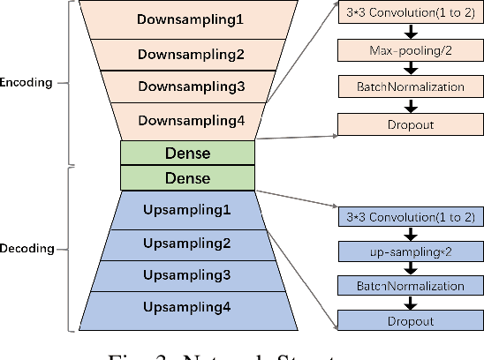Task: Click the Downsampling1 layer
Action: click(188, 19)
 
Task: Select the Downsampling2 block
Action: click(188, 54)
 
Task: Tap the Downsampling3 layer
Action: click(188, 87)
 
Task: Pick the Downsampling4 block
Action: click(188, 121)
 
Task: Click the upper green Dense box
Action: click(188, 153)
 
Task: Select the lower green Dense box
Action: click(188, 178)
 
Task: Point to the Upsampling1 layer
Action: click(188, 210)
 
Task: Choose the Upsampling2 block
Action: click(188, 243)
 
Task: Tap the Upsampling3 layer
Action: click(188, 275)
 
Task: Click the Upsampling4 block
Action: click(188, 307)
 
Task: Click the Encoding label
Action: click(30, 83)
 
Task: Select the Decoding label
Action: click(30, 249)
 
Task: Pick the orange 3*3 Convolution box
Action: click(411, 11)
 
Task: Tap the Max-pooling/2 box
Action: click(411, 49)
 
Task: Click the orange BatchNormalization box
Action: click(411, 86)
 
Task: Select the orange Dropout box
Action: click(411, 125)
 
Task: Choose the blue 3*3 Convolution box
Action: click(411, 215)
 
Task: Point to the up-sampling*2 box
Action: click(411, 251)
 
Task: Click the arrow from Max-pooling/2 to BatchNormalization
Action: click(411, 67)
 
